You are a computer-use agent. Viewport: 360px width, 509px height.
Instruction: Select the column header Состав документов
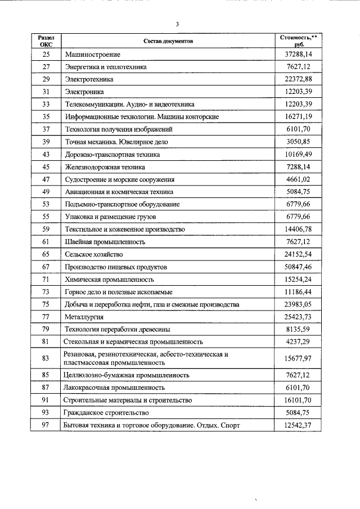[x=168, y=42]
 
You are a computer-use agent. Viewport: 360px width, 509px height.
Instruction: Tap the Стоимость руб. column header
[x=299, y=41]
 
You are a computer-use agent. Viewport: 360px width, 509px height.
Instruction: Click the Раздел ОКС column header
[x=46, y=41]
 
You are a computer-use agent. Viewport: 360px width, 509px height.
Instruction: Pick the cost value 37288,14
[x=299, y=55]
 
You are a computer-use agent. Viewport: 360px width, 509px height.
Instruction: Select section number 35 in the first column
[x=46, y=117]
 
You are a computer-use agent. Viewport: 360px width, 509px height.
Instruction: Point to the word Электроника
[x=84, y=92]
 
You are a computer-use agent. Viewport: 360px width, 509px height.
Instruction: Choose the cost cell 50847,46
[x=299, y=267]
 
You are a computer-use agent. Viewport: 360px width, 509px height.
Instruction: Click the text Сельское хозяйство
[x=94, y=255]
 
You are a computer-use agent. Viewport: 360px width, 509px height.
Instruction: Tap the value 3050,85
[x=299, y=142]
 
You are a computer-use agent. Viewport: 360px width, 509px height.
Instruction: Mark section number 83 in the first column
[x=46, y=358]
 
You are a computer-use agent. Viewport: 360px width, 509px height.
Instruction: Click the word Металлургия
[x=84, y=317]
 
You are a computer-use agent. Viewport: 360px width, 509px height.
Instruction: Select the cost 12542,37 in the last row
[x=299, y=425]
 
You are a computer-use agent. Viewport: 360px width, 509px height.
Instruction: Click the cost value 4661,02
[x=299, y=179]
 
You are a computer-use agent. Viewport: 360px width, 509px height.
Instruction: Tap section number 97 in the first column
[x=46, y=425]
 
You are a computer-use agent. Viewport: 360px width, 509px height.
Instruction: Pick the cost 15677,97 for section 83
[x=299, y=358]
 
